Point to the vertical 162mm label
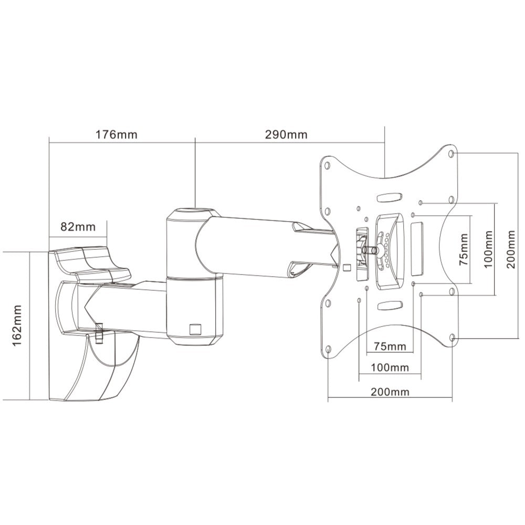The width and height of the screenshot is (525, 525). tap(17, 324)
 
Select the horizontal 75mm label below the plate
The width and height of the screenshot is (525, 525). tap(390, 346)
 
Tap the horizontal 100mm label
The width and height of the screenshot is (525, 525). tap(390, 367)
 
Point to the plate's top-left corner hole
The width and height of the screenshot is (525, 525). tap(328, 165)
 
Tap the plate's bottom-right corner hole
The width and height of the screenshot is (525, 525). tap(453, 339)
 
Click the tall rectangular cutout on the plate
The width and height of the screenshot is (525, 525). tap(418, 248)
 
